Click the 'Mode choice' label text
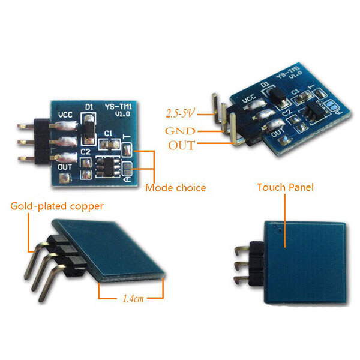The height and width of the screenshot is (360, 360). click(175, 188)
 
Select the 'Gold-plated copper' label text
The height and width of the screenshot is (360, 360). click(56, 206)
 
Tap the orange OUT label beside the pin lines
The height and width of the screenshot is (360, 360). click(181, 145)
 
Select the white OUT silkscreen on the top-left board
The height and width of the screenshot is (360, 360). click(65, 167)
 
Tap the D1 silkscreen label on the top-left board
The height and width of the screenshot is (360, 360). click(89, 107)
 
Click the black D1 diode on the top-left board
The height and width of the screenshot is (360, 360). click(88, 127)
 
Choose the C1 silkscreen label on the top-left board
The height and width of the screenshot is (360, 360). click(109, 133)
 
